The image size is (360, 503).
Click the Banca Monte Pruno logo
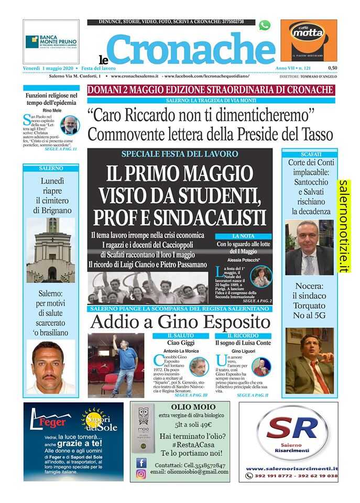51,41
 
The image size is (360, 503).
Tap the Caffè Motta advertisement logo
308,40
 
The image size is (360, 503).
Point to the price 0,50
333,68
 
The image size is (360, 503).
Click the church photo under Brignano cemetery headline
50,250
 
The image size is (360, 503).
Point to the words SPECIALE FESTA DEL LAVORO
180,154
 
